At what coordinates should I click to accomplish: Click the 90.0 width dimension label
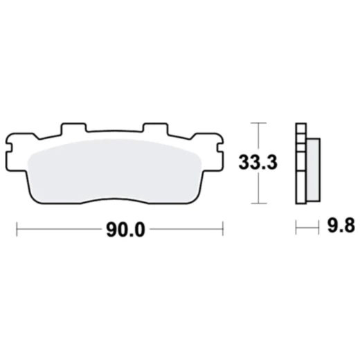(x=125, y=230)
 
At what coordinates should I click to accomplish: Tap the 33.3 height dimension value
(x=258, y=163)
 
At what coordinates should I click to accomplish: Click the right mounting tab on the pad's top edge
(x=154, y=129)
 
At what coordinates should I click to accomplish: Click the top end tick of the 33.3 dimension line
(x=258, y=123)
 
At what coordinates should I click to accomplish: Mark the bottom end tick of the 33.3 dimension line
(x=258, y=204)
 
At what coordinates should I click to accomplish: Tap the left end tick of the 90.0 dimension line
(x=17, y=229)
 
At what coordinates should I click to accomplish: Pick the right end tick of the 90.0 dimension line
(x=223, y=229)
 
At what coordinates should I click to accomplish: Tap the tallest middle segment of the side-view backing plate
(x=300, y=170)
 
